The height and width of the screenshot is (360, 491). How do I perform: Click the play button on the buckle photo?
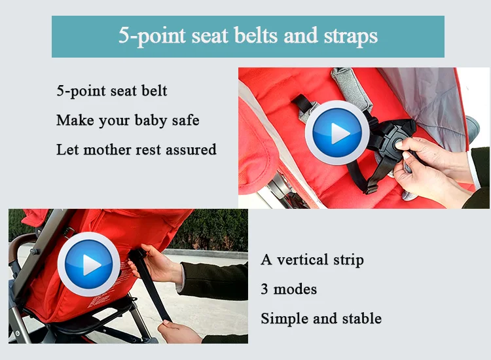point(338,132)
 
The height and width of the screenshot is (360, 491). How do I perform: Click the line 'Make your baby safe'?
point(128,120)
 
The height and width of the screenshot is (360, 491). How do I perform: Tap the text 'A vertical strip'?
point(312,259)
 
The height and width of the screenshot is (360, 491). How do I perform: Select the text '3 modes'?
point(289,289)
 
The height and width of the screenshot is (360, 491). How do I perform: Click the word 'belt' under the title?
point(152,90)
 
